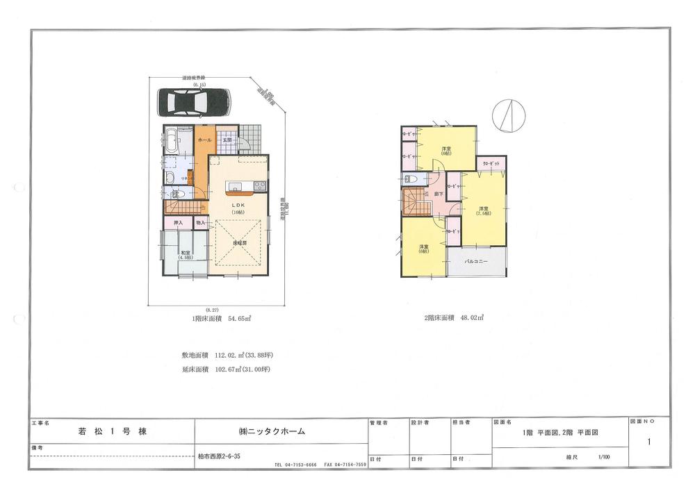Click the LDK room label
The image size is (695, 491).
(238, 203)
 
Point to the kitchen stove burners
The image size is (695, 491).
(259, 185)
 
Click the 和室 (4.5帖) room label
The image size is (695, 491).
(186, 254)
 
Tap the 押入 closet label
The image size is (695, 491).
(179, 223)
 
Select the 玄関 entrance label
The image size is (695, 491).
(227, 140)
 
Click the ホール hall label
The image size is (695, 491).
(205, 140)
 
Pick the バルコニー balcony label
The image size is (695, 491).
(476, 262)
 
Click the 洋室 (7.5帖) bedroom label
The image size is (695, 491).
(483, 210)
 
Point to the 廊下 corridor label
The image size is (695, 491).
(439, 194)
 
